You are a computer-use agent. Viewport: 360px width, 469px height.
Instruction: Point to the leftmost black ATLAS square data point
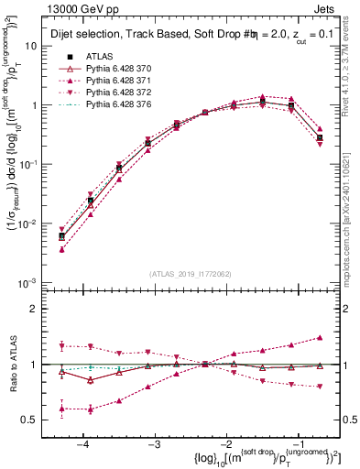61,236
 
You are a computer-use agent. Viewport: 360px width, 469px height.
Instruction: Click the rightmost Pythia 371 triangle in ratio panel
319,338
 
